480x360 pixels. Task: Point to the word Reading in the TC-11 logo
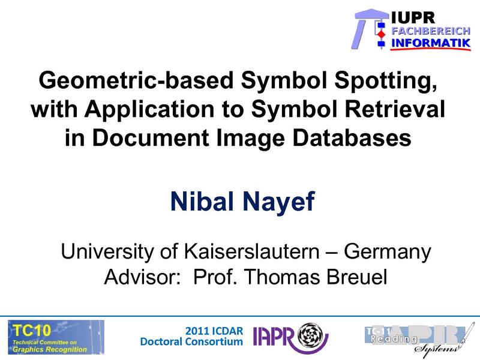pyautogui.click(x=394, y=340)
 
